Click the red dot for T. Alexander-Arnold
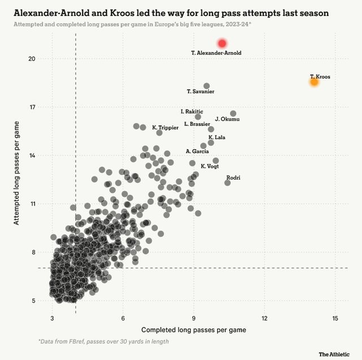pos(222,44)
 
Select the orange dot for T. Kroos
pos(314,82)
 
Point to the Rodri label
pos(233,178)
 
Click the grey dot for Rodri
pos(227,183)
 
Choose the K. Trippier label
pos(165,128)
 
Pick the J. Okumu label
pos(227,119)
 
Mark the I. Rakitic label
pos(192,112)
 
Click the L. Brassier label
pos(197,124)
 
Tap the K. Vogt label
pos(210,166)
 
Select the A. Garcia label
pos(197,151)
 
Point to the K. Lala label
pos(217,137)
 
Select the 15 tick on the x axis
pos(335,319)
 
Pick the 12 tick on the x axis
pos(265,319)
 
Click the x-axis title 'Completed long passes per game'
pos(193,329)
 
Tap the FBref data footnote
pos(104,342)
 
